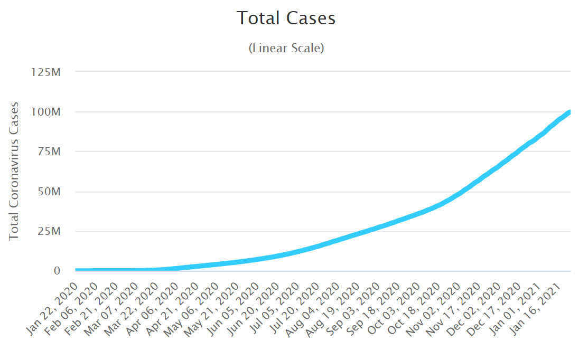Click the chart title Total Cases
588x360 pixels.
point(286,18)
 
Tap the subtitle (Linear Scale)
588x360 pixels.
point(286,48)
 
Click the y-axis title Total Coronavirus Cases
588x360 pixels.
point(14,171)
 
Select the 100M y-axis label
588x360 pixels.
point(48,112)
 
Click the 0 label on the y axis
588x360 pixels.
point(57,271)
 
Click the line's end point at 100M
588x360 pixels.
point(570,112)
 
